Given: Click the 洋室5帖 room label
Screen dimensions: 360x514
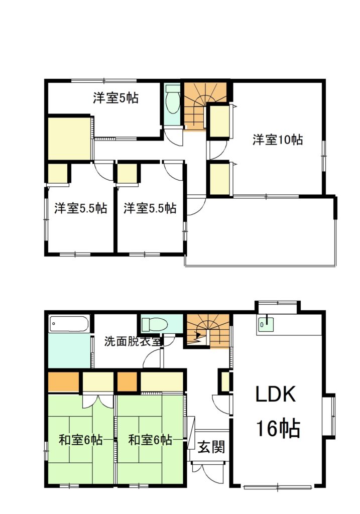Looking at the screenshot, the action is point(115,98).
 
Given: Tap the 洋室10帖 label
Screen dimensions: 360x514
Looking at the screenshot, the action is point(277,140).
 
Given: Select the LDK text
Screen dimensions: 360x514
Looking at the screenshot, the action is point(276,394).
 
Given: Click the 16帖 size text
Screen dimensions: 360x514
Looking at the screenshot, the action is point(278,429).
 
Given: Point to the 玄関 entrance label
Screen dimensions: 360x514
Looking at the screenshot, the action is point(212,446).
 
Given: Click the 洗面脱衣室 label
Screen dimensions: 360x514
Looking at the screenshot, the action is point(133,341).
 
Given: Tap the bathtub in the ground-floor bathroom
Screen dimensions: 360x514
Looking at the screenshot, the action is point(69,324).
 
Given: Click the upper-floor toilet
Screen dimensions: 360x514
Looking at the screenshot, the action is point(173,102).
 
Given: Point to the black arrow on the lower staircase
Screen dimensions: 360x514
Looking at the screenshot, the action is point(198,335).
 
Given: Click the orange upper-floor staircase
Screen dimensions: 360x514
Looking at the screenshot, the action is point(204,104).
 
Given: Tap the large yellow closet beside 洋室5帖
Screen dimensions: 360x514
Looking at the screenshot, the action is point(69,139).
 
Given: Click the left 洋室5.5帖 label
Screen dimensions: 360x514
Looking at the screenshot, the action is point(81,208).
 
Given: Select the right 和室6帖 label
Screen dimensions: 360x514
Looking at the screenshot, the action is point(150,440).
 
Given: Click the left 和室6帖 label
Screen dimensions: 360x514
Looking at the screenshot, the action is point(80,440).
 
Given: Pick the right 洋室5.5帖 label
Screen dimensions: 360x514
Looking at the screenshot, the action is point(150,208).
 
